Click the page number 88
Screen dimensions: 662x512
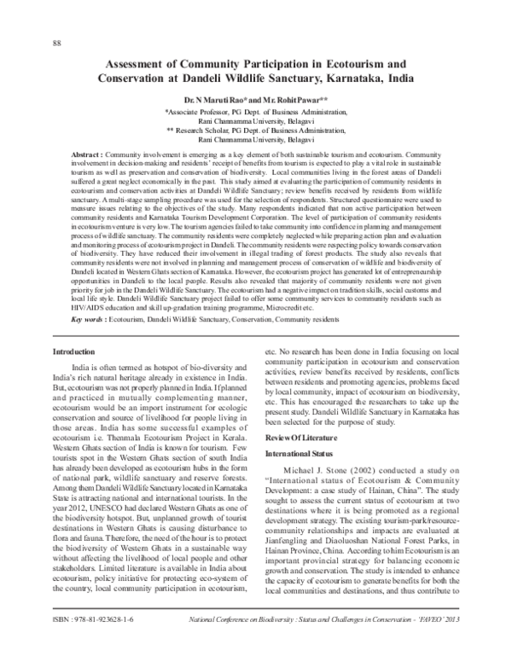(56, 44)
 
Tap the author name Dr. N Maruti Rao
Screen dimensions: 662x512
(224, 100)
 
